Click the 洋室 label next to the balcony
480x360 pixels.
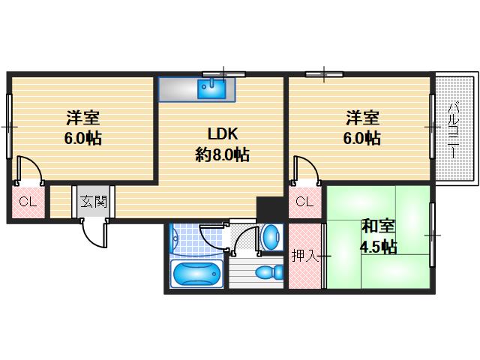tap(362, 118)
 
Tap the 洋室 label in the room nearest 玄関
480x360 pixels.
tap(83, 118)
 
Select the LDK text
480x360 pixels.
tap(223, 134)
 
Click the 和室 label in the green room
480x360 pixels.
tap(379, 226)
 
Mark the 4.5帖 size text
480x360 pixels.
tap(379, 247)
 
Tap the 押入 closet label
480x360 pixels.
tap(302, 256)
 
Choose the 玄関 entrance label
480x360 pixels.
tap(94, 201)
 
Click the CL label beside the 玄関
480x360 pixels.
tap(28, 201)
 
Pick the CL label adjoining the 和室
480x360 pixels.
tap(304, 201)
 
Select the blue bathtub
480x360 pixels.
tap(197, 274)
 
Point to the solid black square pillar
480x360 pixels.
tap(266, 206)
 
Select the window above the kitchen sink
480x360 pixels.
tap(223, 73)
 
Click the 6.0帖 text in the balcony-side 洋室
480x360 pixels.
tap(362, 139)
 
